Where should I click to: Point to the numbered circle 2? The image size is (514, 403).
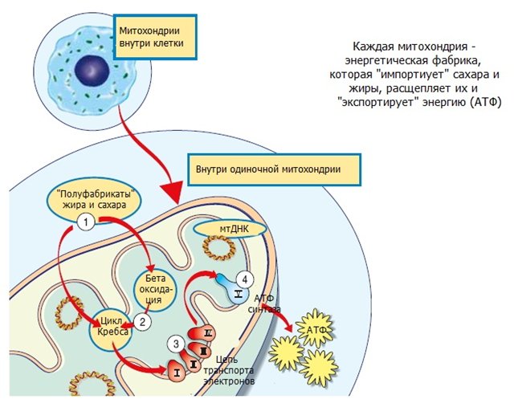point(141,321)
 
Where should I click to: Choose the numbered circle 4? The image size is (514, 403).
point(245,278)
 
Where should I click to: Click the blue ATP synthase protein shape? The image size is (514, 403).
point(234,289)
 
